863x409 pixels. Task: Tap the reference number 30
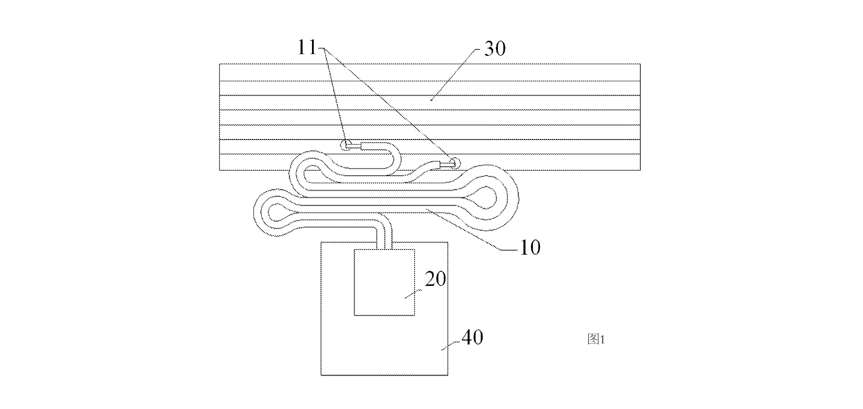(495, 49)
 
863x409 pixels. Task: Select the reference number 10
(530, 248)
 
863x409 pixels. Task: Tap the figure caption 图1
(596, 339)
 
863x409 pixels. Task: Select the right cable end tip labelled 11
(455, 163)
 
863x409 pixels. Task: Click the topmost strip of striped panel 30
(430, 72)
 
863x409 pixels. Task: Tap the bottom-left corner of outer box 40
(321, 375)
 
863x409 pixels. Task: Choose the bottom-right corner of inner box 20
(415, 315)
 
